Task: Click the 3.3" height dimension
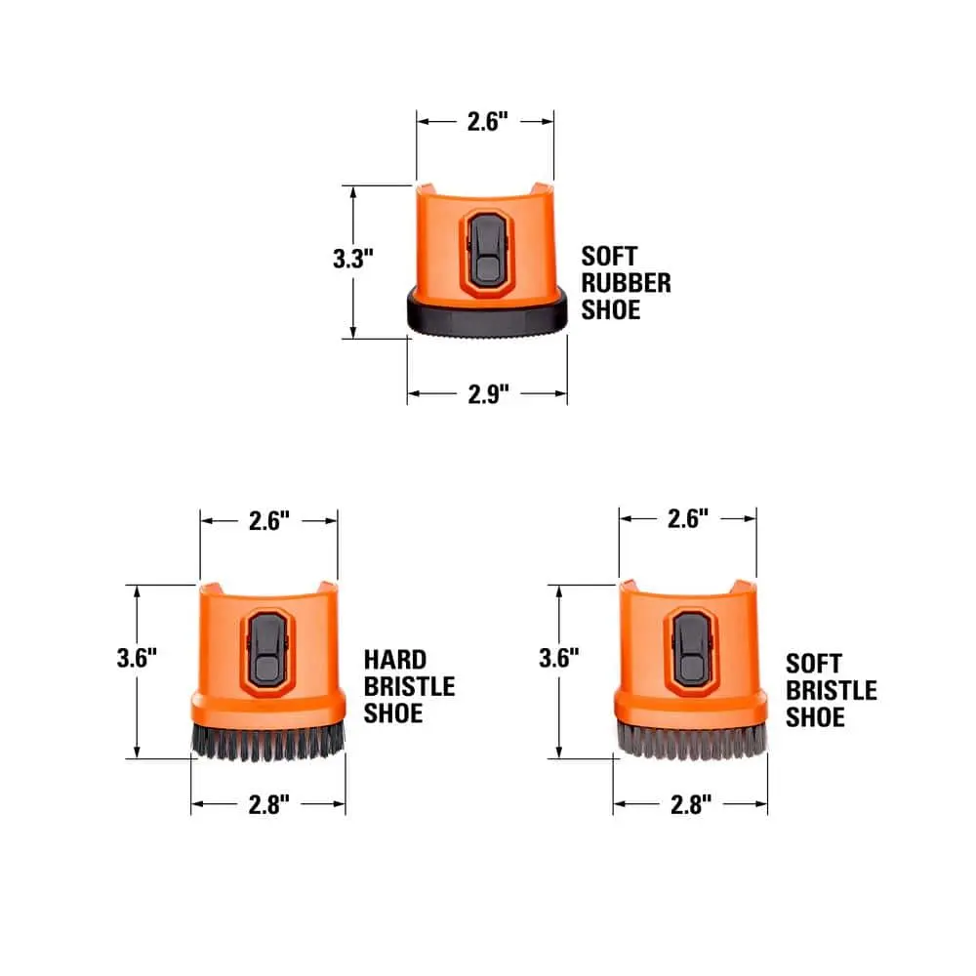point(353,259)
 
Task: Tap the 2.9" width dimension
point(489,394)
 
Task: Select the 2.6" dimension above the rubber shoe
point(488,121)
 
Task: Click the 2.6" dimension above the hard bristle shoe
point(269,521)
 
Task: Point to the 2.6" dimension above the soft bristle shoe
point(688,518)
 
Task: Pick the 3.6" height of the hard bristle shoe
point(137,658)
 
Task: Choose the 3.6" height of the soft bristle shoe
point(559,658)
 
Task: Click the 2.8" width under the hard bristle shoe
point(269,804)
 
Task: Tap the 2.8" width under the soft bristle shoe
point(691,804)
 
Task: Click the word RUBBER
point(627,283)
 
